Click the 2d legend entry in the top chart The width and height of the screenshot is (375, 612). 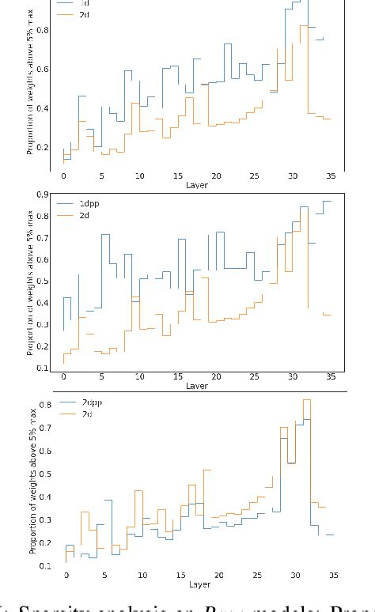click(x=84, y=15)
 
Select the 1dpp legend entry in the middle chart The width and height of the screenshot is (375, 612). click(x=89, y=203)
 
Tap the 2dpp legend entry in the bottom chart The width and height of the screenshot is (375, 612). click(x=92, y=402)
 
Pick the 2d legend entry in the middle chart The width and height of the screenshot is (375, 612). click(x=84, y=215)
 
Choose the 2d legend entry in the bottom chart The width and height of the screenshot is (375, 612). click(x=87, y=414)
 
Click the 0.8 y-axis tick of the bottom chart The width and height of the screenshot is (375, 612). click(x=45, y=406)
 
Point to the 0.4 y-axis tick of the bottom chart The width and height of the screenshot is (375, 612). click(x=45, y=498)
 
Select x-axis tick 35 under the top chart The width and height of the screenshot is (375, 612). click(x=331, y=176)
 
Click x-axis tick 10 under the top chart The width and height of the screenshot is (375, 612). click(x=139, y=176)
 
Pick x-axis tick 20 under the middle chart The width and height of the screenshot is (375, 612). click(x=216, y=376)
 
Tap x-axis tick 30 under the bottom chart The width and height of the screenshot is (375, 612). click(x=296, y=576)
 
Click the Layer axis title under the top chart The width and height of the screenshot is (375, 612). click(x=196, y=185)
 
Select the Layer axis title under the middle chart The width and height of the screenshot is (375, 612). click(x=196, y=386)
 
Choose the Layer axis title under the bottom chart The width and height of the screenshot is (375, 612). click(x=199, y=584)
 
